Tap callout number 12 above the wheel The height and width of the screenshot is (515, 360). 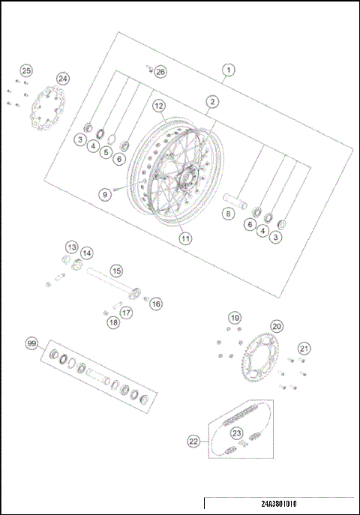159,106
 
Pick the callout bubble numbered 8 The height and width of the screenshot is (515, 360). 229,214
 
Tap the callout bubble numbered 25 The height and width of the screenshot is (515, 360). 26,70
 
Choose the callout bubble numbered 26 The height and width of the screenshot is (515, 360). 161,72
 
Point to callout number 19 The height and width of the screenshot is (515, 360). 235,318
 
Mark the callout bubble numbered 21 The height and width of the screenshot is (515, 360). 303,348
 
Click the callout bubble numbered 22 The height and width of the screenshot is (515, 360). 193,442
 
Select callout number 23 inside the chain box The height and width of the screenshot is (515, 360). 237,433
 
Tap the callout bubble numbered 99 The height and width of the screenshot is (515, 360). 31,343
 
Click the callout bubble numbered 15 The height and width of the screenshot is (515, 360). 115,270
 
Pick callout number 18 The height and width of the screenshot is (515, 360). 112,322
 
